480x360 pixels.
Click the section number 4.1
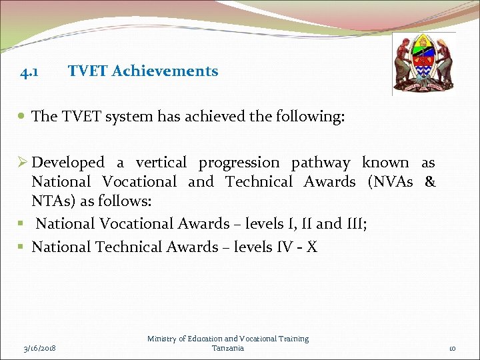click(29, 71)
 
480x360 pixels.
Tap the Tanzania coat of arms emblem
click(424, 64)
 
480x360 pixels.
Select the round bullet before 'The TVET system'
click(23, 117)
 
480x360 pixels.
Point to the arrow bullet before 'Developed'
click(23, 163)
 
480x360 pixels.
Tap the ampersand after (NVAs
click(430, 182)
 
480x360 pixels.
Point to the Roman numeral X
click(312, 247)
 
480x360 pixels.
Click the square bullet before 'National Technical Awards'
click(23, 247)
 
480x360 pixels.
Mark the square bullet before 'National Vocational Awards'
click(23, 224)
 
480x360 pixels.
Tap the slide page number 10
click(451, 348)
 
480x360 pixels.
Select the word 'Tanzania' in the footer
click(228, 348)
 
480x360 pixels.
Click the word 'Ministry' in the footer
click(163, 339)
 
